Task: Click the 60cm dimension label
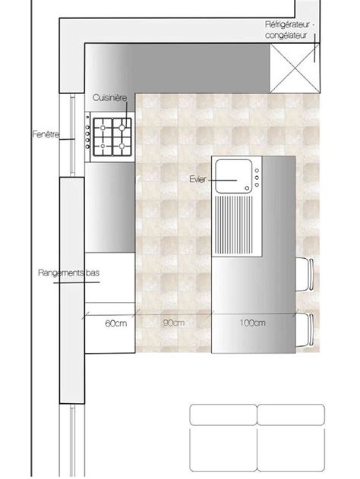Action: click(x=116, y=323)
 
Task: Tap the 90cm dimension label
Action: click(x=174, y=323)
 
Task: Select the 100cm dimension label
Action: click(x=252, y=323)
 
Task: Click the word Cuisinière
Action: click(x=109, y=98)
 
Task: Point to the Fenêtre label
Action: click(x=46, y=134)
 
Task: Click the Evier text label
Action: click(x=197, y=179)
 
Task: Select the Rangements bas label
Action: click(x=69, y=273)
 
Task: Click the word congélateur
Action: click(x=286, y=36)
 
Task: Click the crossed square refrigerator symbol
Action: click(x=295, y=68)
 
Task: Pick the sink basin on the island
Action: click(x=234, y=176)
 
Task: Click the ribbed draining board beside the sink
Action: click(x=234, y=225)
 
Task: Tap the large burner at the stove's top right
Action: click(x=122, y=128)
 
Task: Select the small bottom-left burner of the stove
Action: click(x=103, y=146)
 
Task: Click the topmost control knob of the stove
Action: click(x=87, y=117)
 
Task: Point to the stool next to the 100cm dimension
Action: click(x=305, y=330)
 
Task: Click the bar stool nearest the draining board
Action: click(x=305, y=274)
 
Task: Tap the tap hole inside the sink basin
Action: click(x=247, y=188)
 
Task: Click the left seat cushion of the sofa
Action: click(x=223, y=449)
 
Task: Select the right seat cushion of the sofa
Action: click(x=291, y=449)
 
